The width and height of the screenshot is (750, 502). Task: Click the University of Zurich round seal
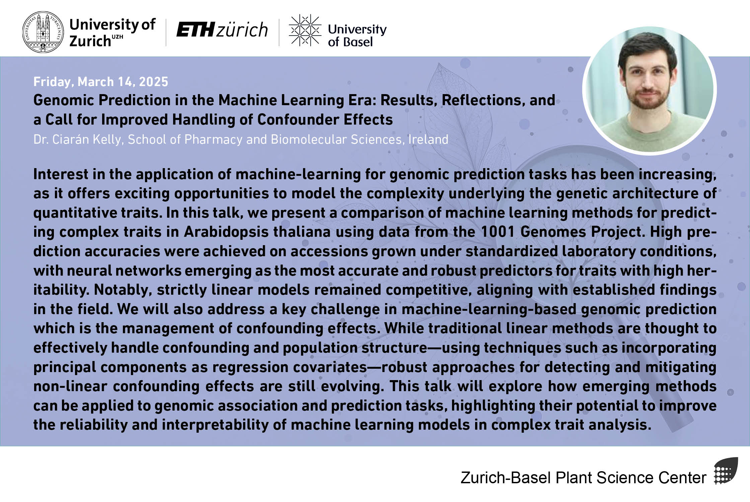click(43, 32)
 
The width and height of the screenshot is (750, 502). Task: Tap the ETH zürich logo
click(222, 30)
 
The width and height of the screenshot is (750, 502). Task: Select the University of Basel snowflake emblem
click(305, 30)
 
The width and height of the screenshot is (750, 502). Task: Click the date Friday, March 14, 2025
click(101, 82)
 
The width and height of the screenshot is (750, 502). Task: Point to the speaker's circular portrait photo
click(650, 90)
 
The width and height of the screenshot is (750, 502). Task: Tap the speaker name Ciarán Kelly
click(87, 139)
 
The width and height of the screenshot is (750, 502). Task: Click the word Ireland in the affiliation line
click(428, 139)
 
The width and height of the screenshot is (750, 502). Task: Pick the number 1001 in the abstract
click(498, 232)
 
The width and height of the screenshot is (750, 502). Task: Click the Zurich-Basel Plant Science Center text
click(583, 478)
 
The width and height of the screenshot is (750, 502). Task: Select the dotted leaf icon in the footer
click(726, 471)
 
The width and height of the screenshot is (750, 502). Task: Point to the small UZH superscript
click(117, 37)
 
